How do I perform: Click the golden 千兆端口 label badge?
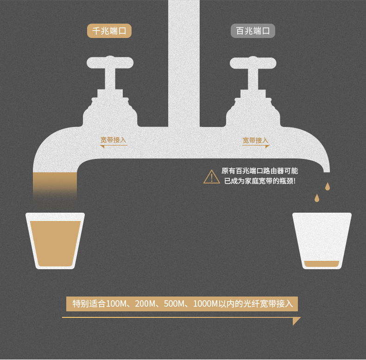pos(109,31)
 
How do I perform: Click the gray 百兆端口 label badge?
pos(253,31)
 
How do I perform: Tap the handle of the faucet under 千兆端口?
pos(110,63)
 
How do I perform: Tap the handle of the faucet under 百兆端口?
pos(253,63)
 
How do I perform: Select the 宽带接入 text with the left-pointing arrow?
pos(113,140)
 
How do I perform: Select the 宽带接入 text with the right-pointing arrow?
pos(255,140)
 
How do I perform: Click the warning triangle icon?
pos(211,177)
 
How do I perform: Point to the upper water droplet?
pos(328,186)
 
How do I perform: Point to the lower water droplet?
pos(317,198)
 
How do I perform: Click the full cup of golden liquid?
pos(55,241)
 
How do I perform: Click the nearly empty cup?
pos(322,241)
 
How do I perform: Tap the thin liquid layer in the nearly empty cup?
pos(322,264)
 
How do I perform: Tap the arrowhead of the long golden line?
pos(296,321)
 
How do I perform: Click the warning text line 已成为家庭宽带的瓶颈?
pos(260,181)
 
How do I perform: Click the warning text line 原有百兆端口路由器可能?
pos(259,171)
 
